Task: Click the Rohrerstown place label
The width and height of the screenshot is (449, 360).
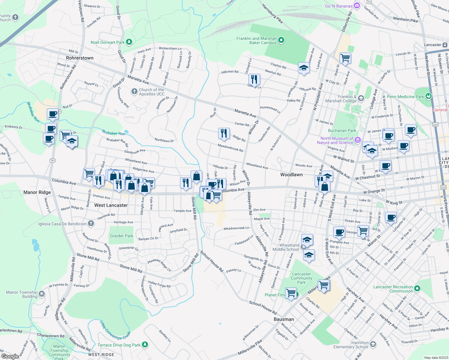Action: [x=80, y=58]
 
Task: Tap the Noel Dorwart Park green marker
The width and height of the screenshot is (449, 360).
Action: [x=129, y=42]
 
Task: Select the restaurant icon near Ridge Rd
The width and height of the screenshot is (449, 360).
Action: [x=224, y=133]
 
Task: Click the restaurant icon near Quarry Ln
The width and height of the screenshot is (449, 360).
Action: [x=254, y=79]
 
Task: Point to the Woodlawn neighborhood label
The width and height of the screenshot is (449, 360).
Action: [x=291, y=174]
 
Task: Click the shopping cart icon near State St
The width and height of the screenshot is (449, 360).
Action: [x=345, y=58]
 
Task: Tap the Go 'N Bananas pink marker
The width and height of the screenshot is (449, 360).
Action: [x=357, y=6]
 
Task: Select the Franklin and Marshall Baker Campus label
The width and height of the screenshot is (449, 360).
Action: [x=256, y=40]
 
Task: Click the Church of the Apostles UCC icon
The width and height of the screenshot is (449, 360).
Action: [x=134, y=91]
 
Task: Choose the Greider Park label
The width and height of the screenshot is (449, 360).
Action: [x=122, y=236]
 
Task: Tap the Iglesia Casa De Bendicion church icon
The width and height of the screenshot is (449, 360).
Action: [x=91, y=223]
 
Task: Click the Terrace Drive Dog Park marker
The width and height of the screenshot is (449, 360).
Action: [x=145, y=344]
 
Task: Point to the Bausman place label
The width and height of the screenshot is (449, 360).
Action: [x=284, y=319]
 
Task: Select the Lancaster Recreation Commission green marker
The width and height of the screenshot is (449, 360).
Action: [x=417, y=289]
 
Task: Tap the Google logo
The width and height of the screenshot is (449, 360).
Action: [x=10, y=356]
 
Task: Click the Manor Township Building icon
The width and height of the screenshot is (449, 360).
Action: [x=42, y=294]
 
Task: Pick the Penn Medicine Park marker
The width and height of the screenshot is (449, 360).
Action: [x=428, y=96]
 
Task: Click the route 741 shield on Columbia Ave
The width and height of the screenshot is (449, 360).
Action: [x=53, y=160]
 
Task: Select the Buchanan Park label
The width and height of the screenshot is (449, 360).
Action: [x=342, y=130]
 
